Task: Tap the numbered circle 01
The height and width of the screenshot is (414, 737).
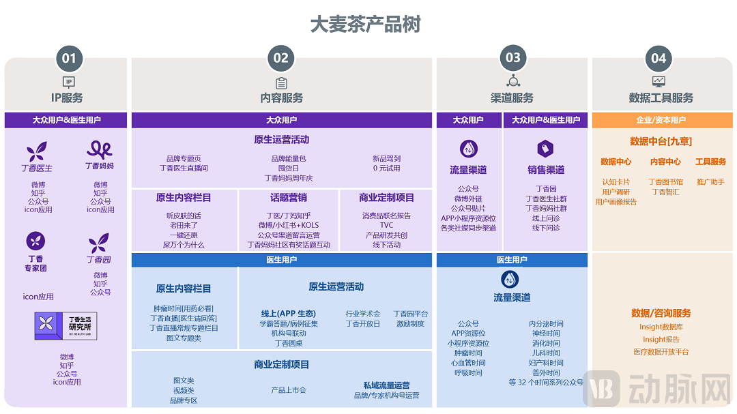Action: [x=69, y=59]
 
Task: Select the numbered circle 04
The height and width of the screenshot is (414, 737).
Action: [x=658, y=59]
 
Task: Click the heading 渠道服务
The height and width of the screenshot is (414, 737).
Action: [x=512, y=98]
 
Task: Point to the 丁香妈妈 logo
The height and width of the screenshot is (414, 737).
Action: [x=100, y=155]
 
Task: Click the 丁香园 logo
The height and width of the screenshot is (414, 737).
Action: [x=99, y=248]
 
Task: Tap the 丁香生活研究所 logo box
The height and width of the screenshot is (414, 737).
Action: [x=66, y=326]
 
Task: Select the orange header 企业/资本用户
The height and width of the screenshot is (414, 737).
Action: [x=661, y=120]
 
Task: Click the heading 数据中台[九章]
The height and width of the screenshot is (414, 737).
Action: [x=661, y=141]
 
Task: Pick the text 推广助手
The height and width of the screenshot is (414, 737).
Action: [x=710, y=182]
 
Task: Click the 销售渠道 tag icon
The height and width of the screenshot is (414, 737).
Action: [x=545, y=148]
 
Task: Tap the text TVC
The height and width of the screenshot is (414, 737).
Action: [x=386, y=225]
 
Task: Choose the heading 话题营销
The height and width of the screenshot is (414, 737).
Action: [x=289, y=198]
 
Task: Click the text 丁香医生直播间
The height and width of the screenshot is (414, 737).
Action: [x=184, y=168]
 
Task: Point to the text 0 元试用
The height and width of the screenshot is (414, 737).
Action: [x=386, y=168]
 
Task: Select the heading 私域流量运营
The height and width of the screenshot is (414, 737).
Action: [x=386, y=385]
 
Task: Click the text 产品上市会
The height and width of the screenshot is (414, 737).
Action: [x=289, y=390]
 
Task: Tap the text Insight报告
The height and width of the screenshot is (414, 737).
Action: [x=661, y=339]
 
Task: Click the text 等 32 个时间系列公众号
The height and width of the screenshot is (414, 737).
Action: [x=546, y=383]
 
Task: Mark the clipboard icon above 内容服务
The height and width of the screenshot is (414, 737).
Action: [x=281, y=83]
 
